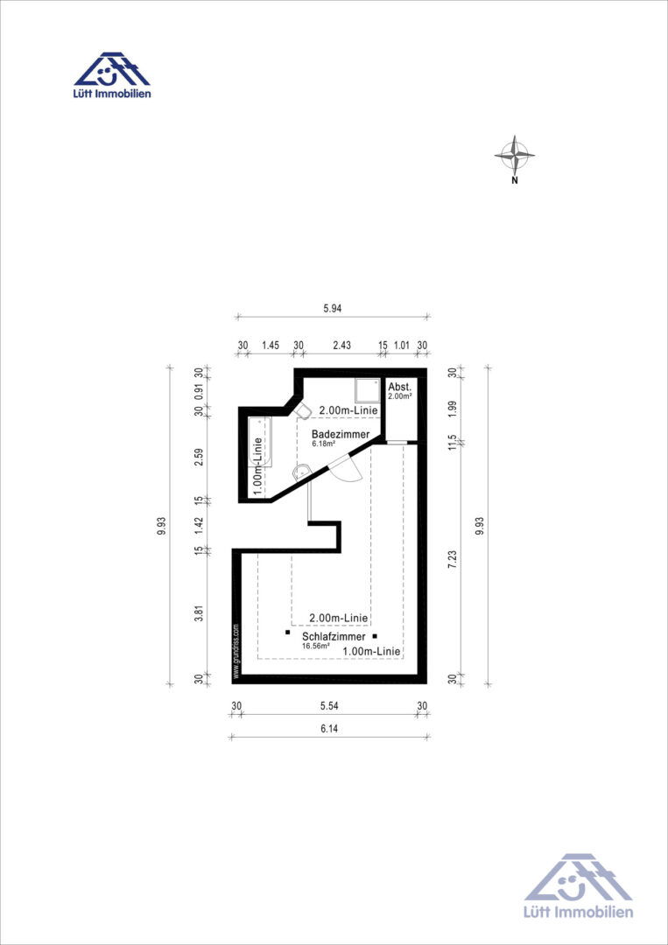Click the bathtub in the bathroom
click(260, 444)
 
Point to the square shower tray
click(367, 390)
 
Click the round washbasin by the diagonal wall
click(301, 472)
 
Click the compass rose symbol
click(514, 155)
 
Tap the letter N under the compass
click(514, 180)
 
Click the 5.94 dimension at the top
click(333, 308)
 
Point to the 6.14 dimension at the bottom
click(329, 728)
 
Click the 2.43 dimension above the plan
click(341, 345)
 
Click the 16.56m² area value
click(316, 646)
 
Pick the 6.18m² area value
click(323, 443)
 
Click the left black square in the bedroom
click(287, 633)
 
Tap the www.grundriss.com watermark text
click(236, 651)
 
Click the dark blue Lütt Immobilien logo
click(112, 74)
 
